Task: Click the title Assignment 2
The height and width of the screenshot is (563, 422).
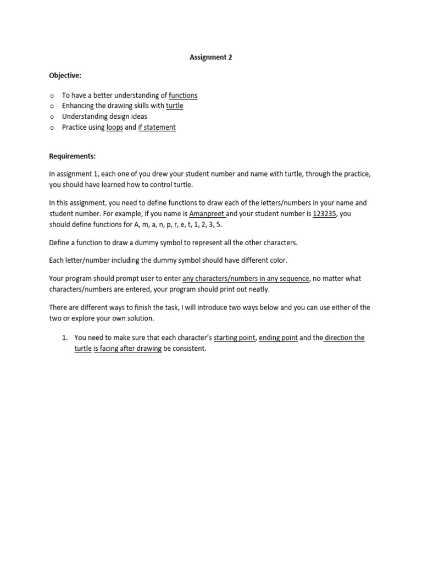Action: [x=211, y=57]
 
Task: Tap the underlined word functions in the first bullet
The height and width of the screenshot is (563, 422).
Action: [x=183, y=95]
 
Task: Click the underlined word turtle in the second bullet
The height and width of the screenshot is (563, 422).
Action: [x=174, y=106]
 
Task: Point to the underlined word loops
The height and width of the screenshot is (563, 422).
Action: [x=114, y=127]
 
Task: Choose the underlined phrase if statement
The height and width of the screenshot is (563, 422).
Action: [x=157, y=127]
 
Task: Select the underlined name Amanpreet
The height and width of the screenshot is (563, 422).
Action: [x=207, y=213]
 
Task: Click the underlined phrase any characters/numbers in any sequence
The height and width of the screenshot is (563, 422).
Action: [x=246, y=279]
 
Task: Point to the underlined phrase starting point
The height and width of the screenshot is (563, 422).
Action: [x=235, y=338]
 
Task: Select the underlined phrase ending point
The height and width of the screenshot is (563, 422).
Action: [x=278, y=338]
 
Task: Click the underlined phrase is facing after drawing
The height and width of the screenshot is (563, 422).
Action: [x=127, y=349]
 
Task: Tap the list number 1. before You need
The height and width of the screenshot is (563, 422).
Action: [x=65, y=338]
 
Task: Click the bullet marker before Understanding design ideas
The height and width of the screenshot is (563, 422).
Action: [x=52, y=117]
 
